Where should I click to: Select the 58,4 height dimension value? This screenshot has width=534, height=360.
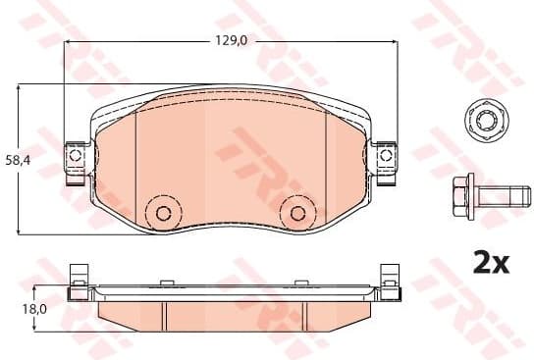click(16, 158)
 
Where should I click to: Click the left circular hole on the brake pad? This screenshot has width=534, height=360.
click(163, 214)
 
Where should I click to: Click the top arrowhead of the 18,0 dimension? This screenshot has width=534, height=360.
click(35, 287)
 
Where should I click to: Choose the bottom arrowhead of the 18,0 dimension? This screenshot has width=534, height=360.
click(35, 329)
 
